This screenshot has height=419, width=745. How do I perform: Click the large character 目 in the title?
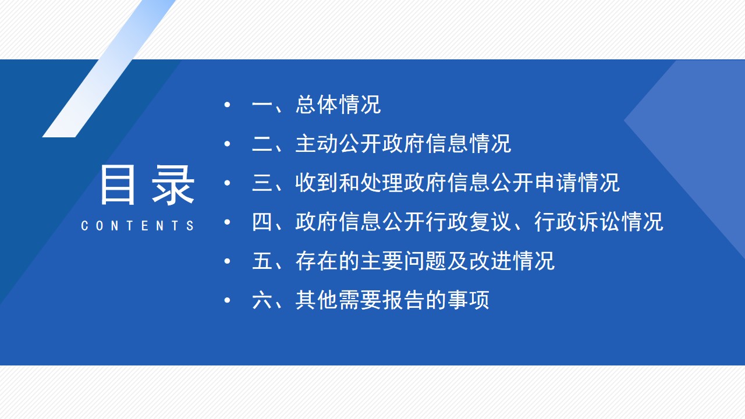[x=118, y=184]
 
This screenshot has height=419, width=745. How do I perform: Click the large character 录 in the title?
[x=173, y=184]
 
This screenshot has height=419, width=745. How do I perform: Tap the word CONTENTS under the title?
[x=137, y=226]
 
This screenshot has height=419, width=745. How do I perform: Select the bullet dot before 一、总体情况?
[x=228, y=105]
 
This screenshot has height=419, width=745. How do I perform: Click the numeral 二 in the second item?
[x=262, y=144]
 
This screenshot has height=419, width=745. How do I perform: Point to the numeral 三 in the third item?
[x=262, y=183]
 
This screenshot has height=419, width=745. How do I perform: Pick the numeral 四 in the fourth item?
[x=262, y=222]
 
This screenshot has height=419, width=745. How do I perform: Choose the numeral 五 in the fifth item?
[x=262, y=261]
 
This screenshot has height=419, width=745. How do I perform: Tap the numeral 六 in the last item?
[x=262, y=300]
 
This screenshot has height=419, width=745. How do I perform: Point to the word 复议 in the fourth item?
[x=490, y=222]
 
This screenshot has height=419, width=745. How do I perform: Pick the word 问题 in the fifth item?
[x=425, y=261]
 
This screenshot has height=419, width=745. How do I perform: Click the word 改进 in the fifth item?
[x=490, y=261]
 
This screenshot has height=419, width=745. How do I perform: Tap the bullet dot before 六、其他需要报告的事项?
[x=228, y=300]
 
